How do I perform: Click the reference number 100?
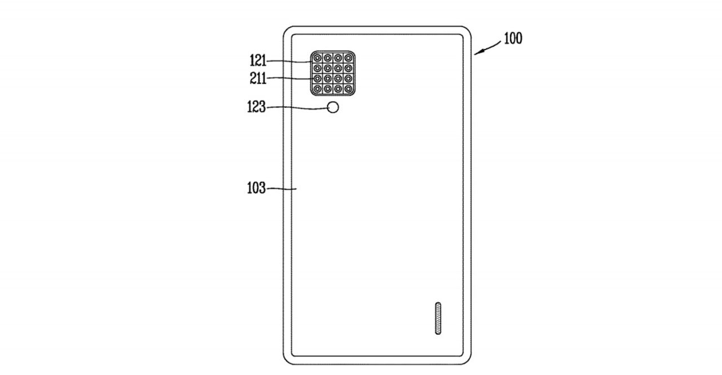(x=513, y=38)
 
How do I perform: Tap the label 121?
(x=258, y=60)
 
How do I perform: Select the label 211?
(x=258, y=78)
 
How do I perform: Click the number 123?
(x=256, y=107)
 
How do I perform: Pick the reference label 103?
(x=256, y=188)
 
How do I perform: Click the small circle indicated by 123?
(x=334, y=107)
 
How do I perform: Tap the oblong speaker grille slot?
(x=438, y=319)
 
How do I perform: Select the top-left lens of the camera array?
(x=318, y=58)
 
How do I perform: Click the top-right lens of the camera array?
(x=348, y=58)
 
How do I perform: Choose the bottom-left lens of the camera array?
(x=318, y=89)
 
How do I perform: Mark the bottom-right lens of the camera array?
(x=348, y=89)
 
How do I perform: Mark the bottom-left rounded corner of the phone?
(x=288, y=360)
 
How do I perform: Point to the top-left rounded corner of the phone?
(x=288, y=30)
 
